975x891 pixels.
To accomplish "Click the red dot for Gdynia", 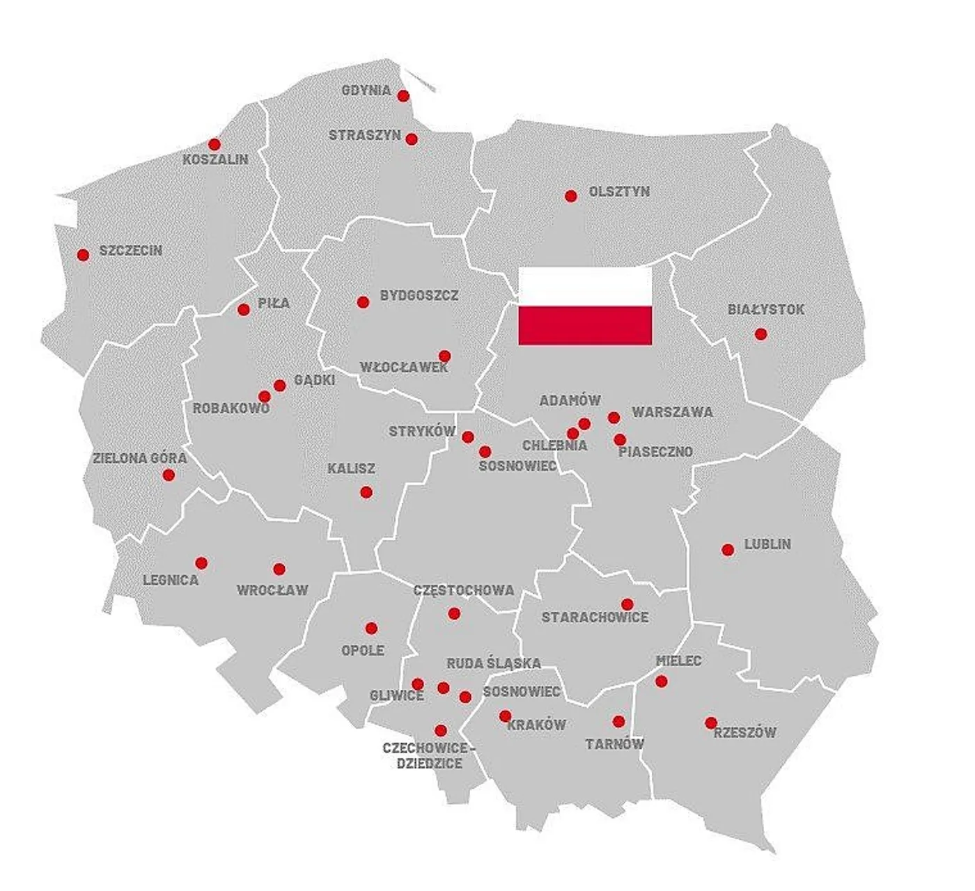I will (x=403, y=96).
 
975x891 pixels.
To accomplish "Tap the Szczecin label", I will (x=131, y=251).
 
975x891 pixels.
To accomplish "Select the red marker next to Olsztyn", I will (x=571, y=196).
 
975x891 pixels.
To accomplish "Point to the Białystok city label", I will (x=765, y=310).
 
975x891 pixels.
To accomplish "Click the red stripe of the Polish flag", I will (x=585, y=326).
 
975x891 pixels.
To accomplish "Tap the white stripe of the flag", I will (x=585, y=287).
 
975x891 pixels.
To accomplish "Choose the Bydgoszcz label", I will (x=419, y=296).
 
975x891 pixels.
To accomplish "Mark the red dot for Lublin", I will (x=728, y=550).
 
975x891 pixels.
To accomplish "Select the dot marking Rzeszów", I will (x=710, y=723).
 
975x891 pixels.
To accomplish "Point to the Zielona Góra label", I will (x=140, y=459).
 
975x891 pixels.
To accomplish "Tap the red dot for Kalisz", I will (x=366, y=492).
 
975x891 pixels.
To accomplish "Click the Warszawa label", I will (x=672, y=412).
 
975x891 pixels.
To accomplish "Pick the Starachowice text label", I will (x=595, y=617).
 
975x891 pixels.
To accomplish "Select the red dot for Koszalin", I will (x=214, y=144).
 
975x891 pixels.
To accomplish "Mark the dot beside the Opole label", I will (x=371, y=628).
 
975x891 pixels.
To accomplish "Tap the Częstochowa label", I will (x=464, y=591).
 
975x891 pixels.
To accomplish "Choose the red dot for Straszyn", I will (x=412, y=139).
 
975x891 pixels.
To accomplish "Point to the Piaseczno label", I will (x=656, y=452).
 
